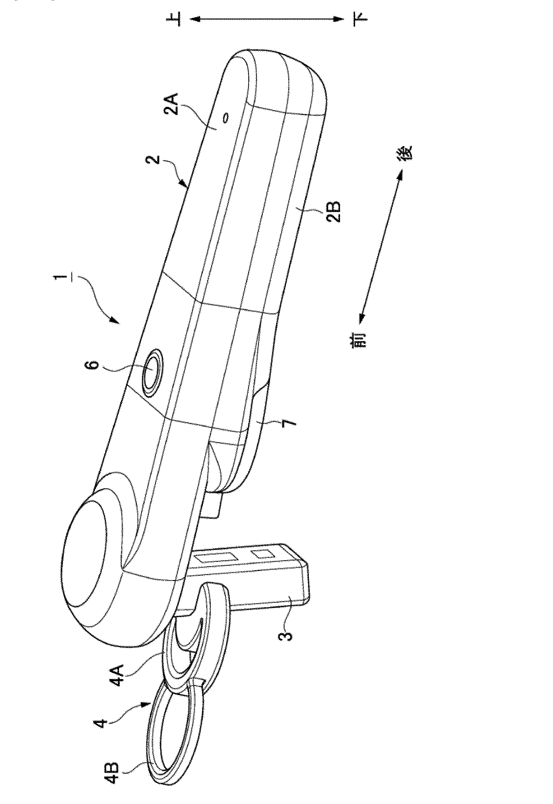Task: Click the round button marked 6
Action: tap(152, 368)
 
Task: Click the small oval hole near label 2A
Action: tap(226, 118)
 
